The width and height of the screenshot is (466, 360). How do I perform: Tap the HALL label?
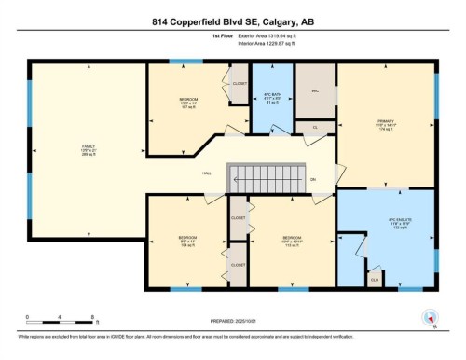(x=208, y=173)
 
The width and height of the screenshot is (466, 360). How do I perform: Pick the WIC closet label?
(x=315, y=91)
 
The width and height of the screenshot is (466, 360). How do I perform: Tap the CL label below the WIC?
(x=315, y=127)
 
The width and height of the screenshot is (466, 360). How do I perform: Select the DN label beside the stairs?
(x=312, y=178)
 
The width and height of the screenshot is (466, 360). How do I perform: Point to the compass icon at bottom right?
(x=431, y=317)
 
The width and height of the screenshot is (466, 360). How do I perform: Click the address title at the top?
(x=232, y=24)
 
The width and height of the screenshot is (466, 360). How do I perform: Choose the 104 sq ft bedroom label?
(x=187, y=242)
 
